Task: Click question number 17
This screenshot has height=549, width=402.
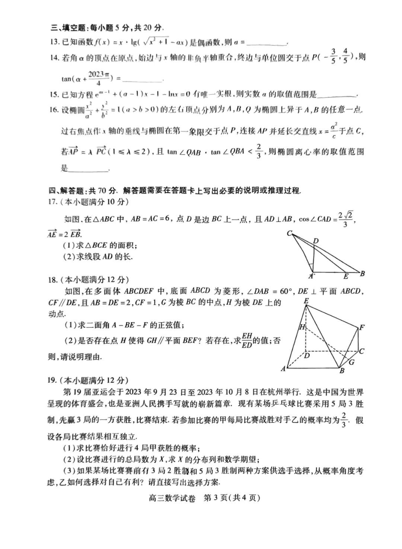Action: point(53,202)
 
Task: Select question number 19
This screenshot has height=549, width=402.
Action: point(53,380)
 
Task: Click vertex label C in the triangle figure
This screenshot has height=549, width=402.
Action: point(289,234)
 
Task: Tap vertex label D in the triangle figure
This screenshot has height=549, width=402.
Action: point(316,242)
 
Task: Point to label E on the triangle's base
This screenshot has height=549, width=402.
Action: point(346,276)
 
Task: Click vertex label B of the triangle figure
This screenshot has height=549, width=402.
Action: point(362,274)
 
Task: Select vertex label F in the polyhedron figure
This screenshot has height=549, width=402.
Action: point(362,328)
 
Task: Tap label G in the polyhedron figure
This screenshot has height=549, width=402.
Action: point(351,362)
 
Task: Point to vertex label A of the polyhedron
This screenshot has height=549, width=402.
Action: point(283,369)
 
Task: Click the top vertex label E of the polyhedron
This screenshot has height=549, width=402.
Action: point(306,301)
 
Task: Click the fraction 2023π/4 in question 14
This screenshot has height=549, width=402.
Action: point(98,79)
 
